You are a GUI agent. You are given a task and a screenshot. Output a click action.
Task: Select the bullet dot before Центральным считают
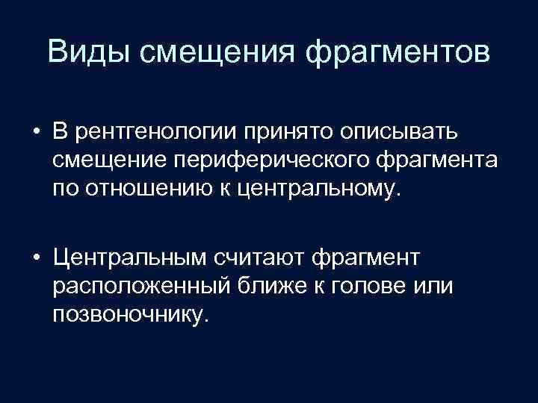click(36, 260)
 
